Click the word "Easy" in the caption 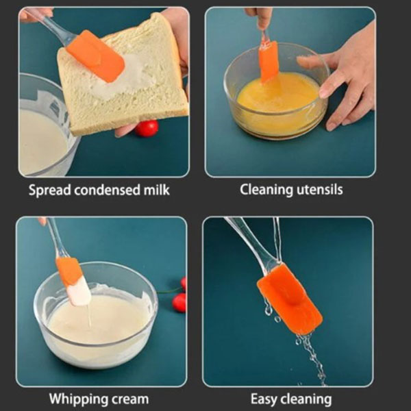tap(264, 399)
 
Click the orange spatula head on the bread tap(95, 56)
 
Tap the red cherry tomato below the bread tap(147, 129)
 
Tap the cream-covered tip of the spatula tap(79, 292)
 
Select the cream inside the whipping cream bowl tap(97, 319)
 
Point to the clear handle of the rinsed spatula tap(249, 240)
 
